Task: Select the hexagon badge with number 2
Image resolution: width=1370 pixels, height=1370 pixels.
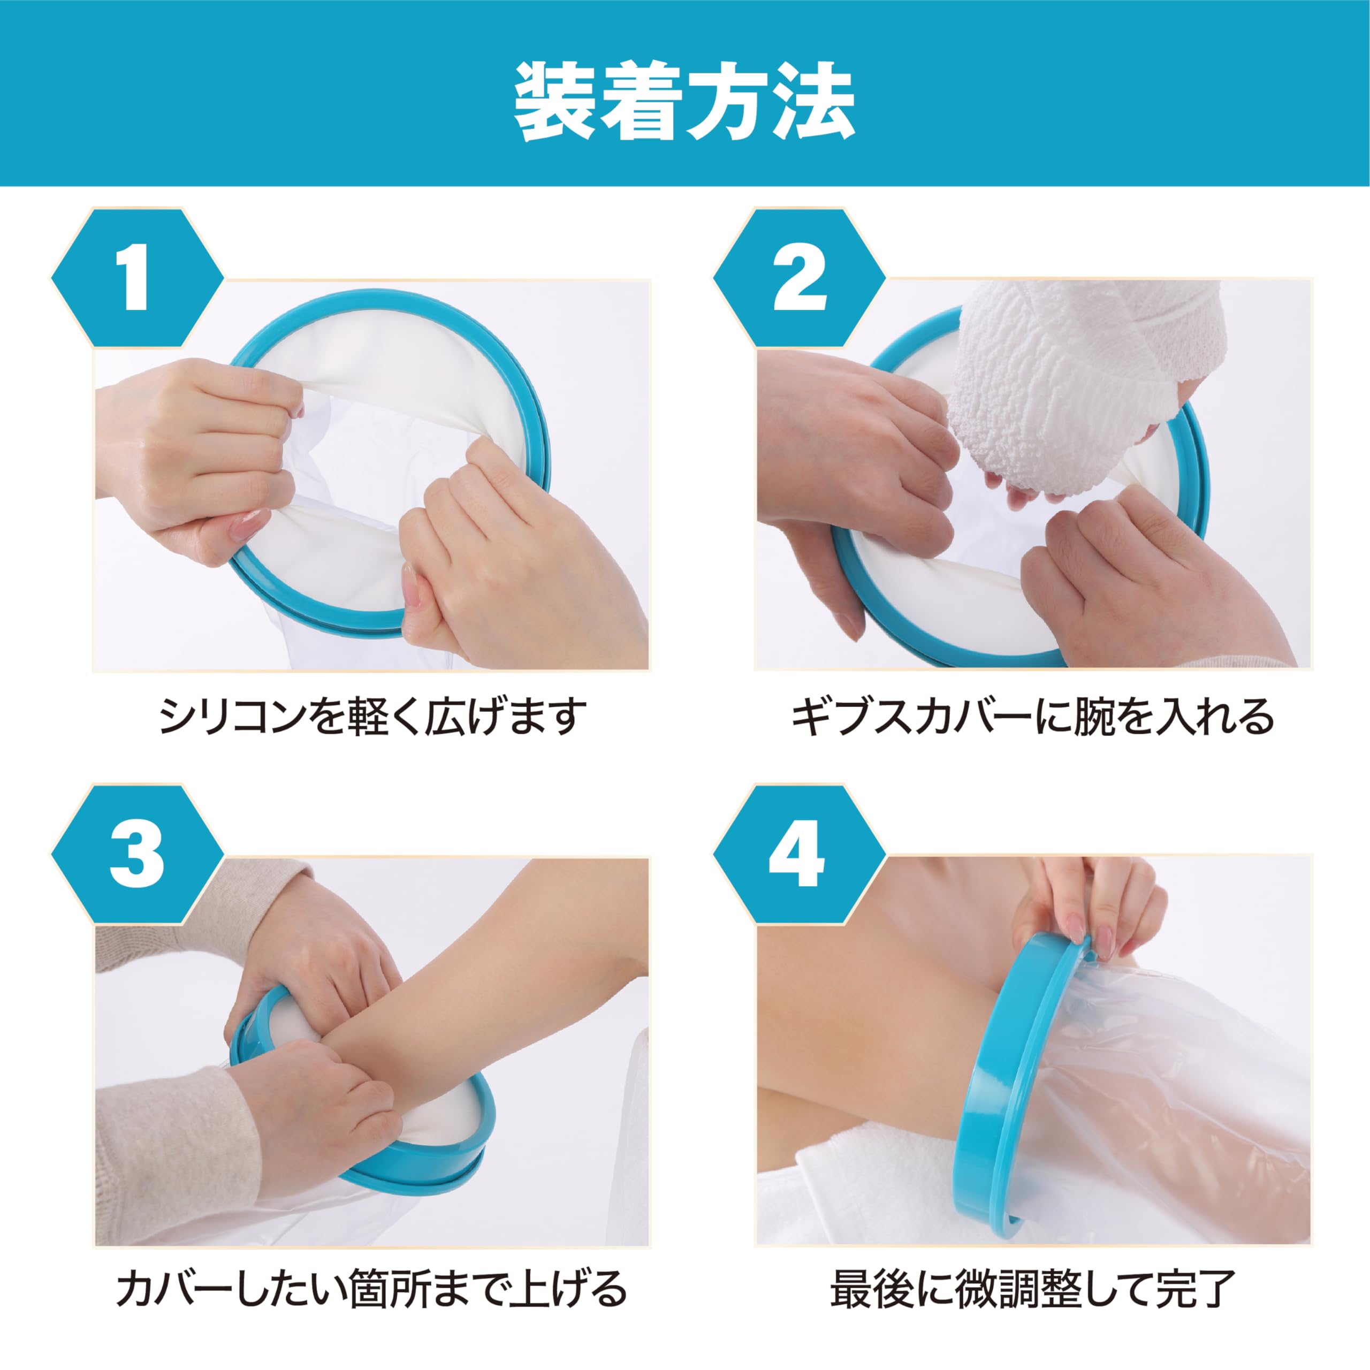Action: pyautogui.click(x=799, y=278)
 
